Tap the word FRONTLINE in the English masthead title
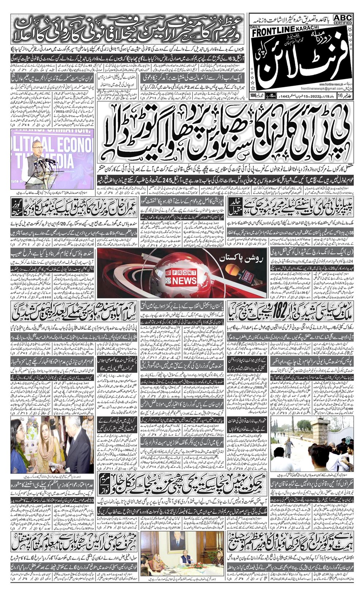[x=272, y=33]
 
